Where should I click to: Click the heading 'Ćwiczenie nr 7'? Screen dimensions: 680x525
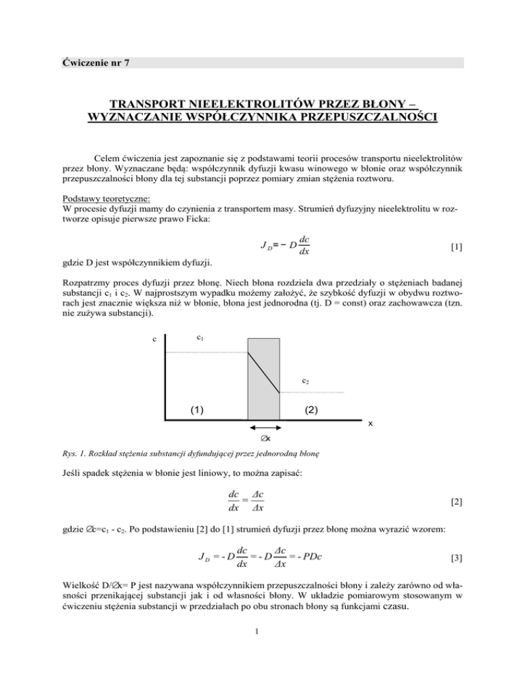tap(95, 64)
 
